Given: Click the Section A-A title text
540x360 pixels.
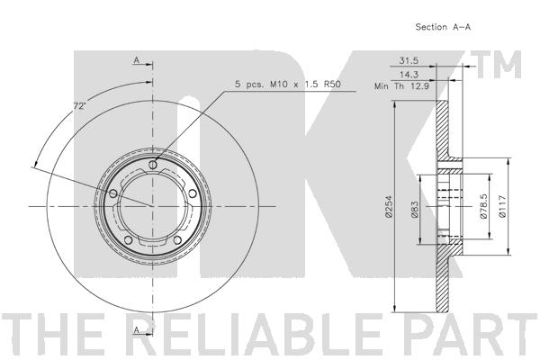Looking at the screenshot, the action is tap(443, 27).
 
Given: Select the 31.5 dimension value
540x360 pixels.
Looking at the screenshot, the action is tap(409, 61).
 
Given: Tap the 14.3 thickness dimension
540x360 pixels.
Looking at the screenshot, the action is tap(409, 74).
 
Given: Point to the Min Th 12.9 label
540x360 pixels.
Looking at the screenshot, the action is tap(401, 86).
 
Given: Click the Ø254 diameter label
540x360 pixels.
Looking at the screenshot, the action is tap(389, 206).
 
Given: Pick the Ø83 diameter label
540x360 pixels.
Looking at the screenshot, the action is tap(415, 210).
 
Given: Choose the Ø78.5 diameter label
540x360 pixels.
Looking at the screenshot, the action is tap(483, 206).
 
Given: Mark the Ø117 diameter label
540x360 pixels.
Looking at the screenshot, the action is tap(503, 206).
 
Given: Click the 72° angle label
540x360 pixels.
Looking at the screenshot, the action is tap(79, 106).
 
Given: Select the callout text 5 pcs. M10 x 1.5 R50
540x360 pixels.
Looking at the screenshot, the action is tap(288, 84).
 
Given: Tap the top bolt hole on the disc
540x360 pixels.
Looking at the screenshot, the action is tap(153, 165).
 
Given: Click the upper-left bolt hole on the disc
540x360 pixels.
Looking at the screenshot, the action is tap(113, 193).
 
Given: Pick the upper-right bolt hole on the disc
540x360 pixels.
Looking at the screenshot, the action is tap(193, 194).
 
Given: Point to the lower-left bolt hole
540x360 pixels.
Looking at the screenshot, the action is tap(128, 239).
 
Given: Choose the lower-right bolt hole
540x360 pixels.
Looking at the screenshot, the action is tap(177, 239).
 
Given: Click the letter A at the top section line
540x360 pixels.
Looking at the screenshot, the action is tap(137, 60).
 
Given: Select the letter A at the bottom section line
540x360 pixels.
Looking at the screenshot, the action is tap(137, 329).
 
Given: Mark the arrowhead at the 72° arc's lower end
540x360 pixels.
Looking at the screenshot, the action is tap(35, 162).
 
